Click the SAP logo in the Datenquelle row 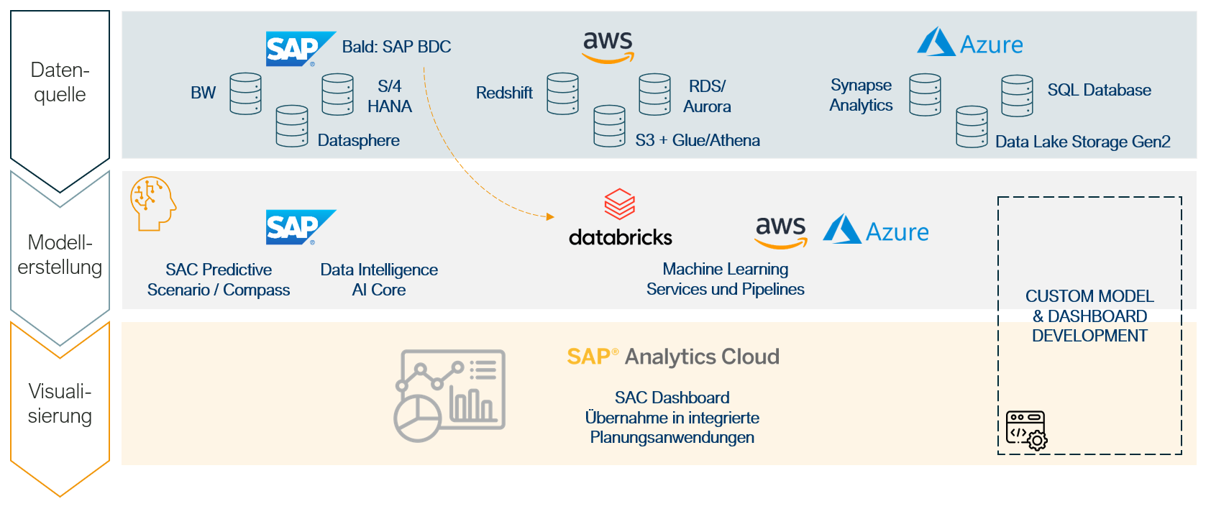[x=300, y=49]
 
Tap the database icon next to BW [x=245, y=93]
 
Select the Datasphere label [x=358, y=140]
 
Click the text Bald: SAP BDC [x=396, y=47]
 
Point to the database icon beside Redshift [x=562, y=93]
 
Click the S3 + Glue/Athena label [x=697, y=140]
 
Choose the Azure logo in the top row [x=969, y=43]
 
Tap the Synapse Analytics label [x=861, y=95]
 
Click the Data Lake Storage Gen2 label [x=1082, y=142]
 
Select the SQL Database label [x=1099, y=90]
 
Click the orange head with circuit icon [x=152, y=203]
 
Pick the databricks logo [x=620, y=218]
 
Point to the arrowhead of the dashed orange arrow [x=550, y=216]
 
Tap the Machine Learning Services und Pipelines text [x=725, y=279]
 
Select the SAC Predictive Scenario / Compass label [x=219, y=280]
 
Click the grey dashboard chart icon [x=449, y=395]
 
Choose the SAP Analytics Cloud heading [x=672, y=357]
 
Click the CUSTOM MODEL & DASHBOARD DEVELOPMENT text [x=1089, y=316]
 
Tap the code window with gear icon [x=1026, y=430]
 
